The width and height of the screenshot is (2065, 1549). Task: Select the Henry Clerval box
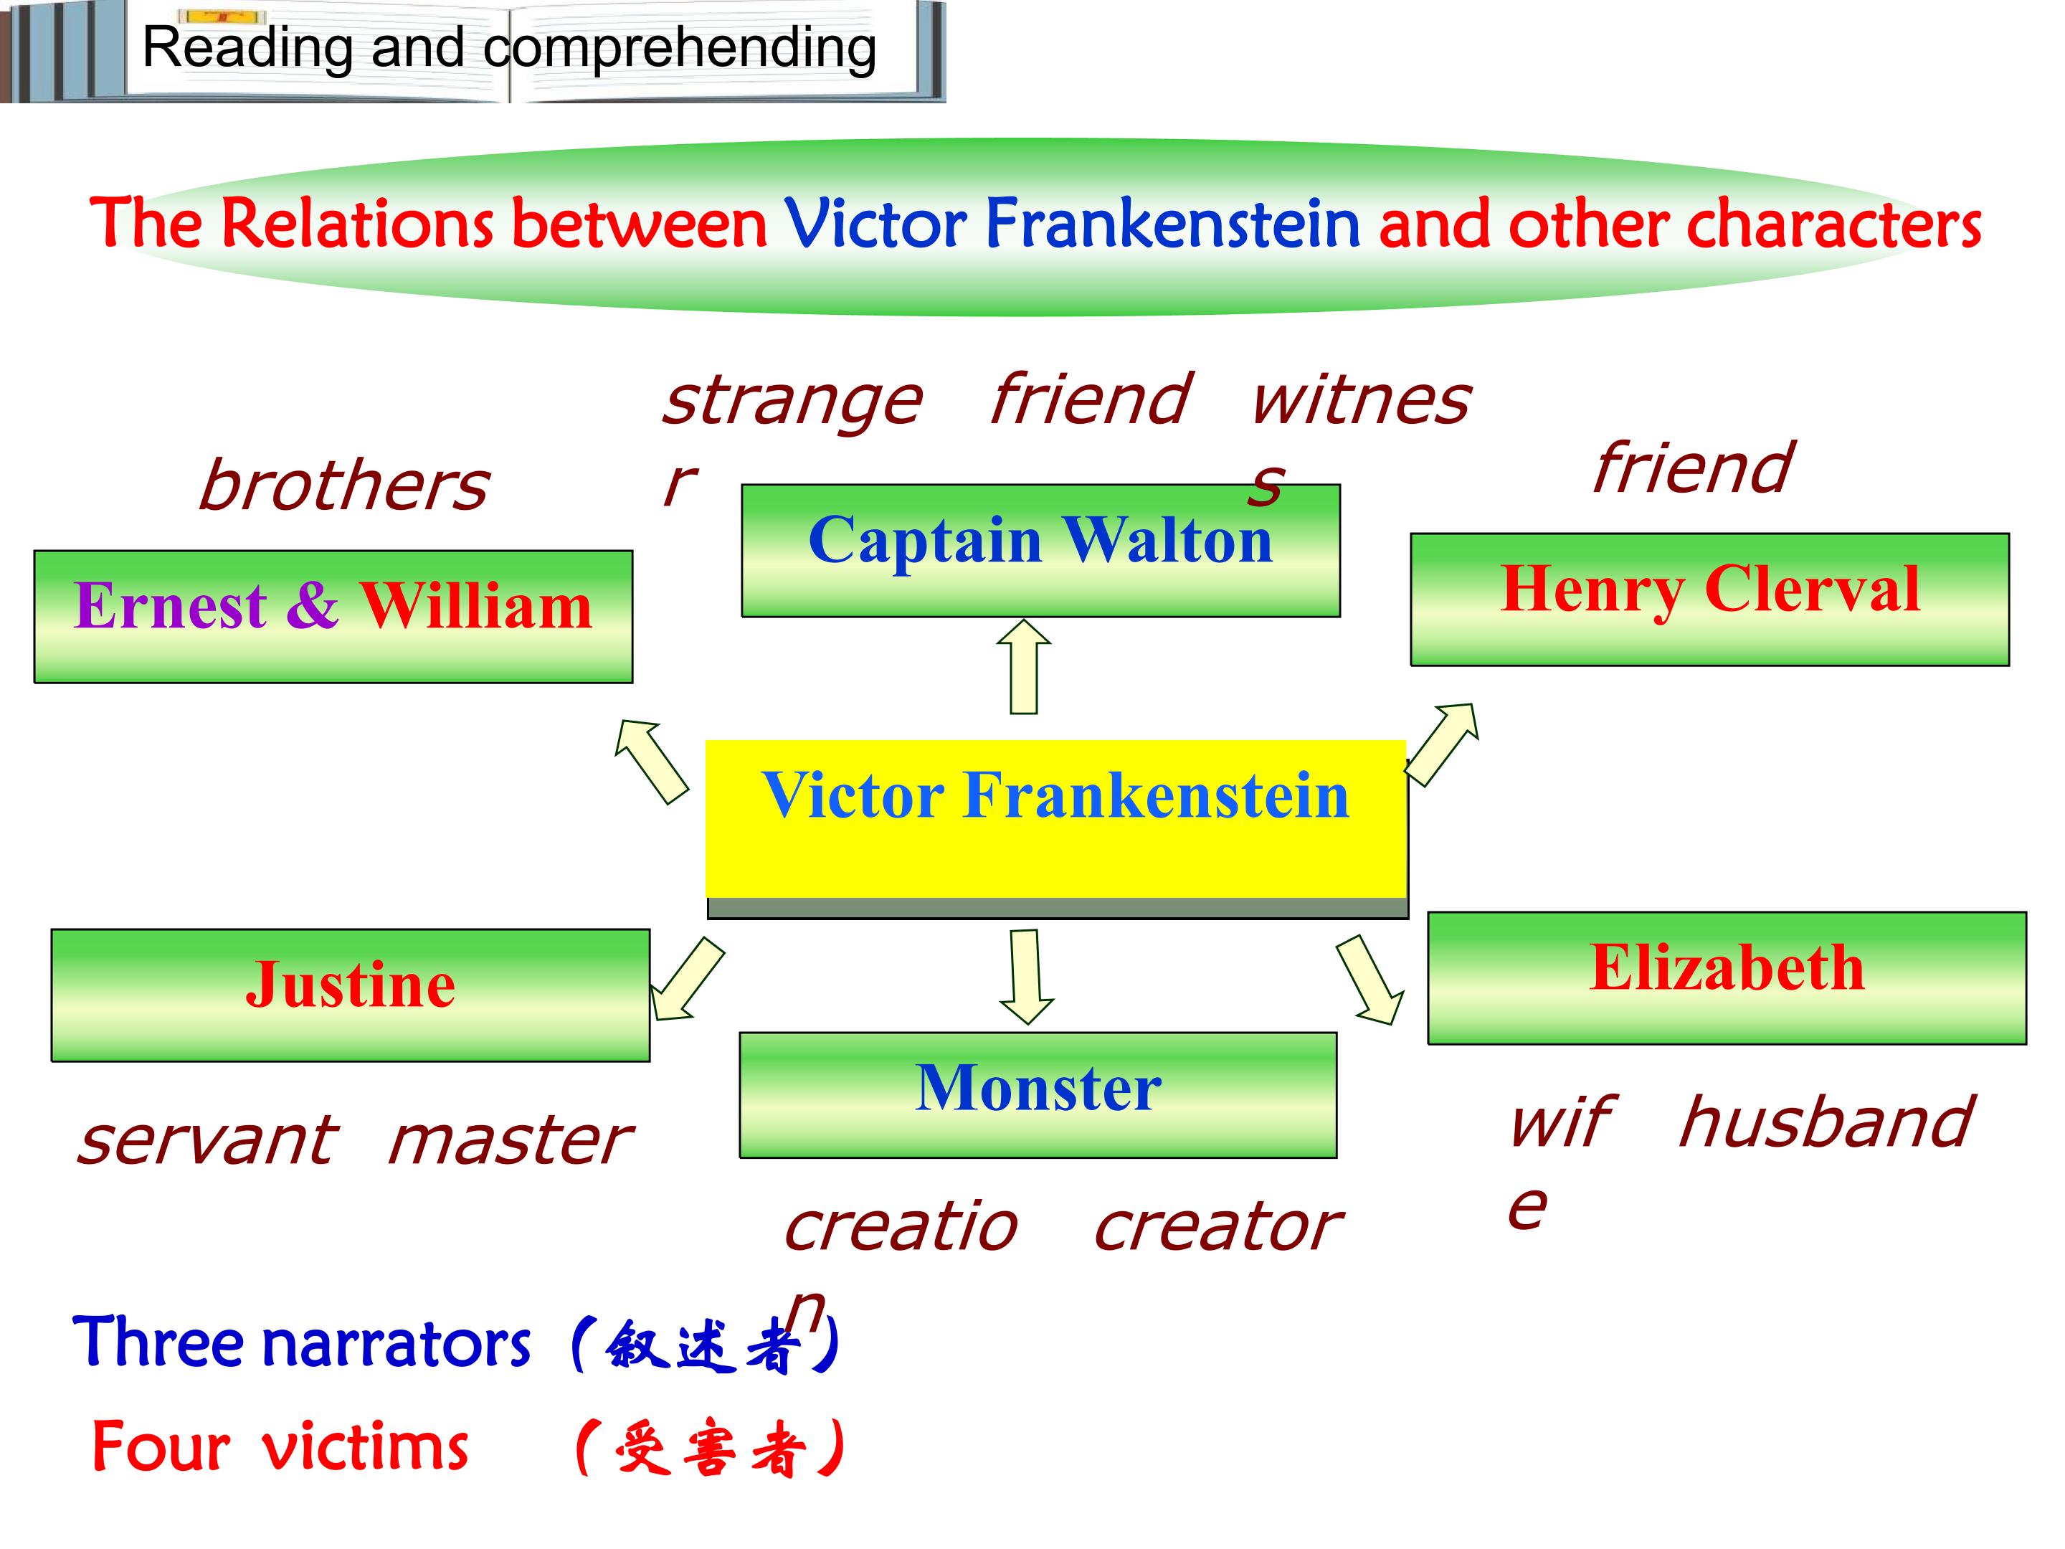point(1709,600)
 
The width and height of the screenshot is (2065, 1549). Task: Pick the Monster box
point(1038,1094)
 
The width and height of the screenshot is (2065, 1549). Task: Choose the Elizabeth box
point(1727,977)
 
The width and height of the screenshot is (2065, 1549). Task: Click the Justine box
point(350,995)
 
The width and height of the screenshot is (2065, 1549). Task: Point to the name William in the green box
point(476,606)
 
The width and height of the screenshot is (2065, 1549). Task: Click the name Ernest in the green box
point(170,606)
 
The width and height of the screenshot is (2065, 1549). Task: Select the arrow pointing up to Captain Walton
point(1024,667)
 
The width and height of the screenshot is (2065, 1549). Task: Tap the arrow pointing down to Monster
point(1026,977)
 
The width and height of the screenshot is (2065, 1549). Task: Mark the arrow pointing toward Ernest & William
point(650,761)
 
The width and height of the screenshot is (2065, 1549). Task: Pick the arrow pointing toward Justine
point(687,978)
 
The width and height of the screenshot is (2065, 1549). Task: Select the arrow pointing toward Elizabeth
point(1369,980)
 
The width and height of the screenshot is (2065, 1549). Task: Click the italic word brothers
point(343,485)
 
